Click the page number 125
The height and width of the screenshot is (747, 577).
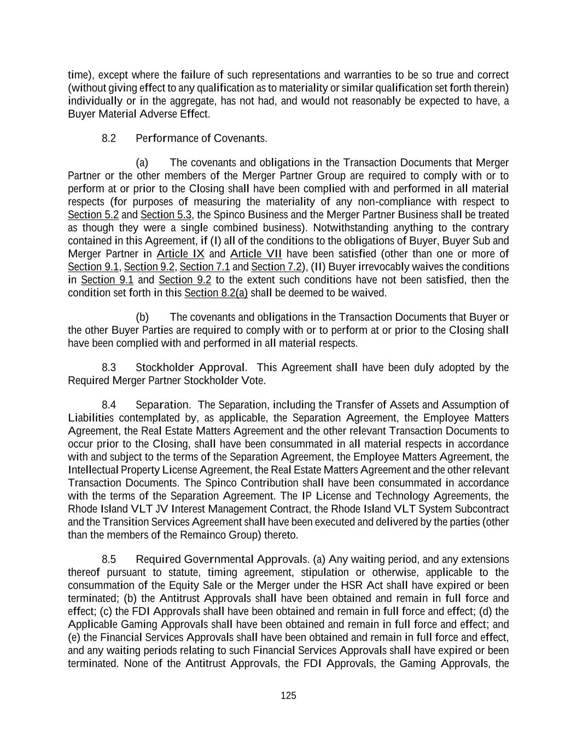click(288, 696)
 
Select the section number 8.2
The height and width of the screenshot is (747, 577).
click(109, 138)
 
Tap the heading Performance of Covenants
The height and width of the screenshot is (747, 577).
click(201, 138)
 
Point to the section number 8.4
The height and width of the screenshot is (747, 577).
click(109, 405)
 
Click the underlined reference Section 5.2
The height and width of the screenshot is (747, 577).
click(93, 215)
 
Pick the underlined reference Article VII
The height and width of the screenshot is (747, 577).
click(256, 254)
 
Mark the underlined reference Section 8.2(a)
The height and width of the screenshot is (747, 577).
click(216, 293)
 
